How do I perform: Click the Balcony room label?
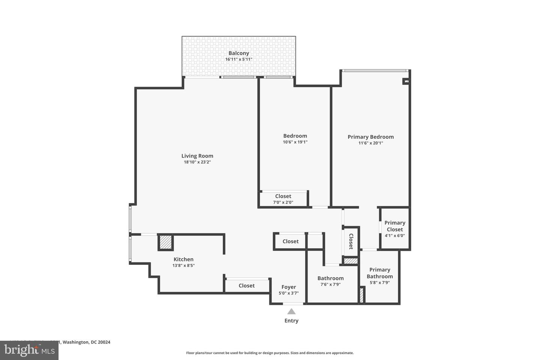(x=238, y=53)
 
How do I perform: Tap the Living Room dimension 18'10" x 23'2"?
(x=197, y=162)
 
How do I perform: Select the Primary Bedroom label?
(x=370, y=137)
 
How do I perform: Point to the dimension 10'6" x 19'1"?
(x=295, y=142)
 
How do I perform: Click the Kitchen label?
(x=183, y=259)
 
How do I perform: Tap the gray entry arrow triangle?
(x=291, y=312)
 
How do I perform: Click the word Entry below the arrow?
(x=291, y=321)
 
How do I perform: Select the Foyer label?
(x=289, y=287)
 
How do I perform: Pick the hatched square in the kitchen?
(x=165, y=242)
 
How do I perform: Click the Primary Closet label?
(x=394, y=226)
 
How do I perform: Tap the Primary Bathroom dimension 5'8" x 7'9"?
(x=379, y=283)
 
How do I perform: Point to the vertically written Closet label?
(x=351, y=241)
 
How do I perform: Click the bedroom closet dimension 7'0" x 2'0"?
(x=283, y=202)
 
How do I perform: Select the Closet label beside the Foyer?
(x=246, y=286)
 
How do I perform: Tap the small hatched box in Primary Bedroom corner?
(x=406, y=81)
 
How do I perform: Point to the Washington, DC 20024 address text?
(x=86, y=342)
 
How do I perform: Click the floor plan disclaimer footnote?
(x=270, y=353)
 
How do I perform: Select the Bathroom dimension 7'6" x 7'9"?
(x=330, y=284)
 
